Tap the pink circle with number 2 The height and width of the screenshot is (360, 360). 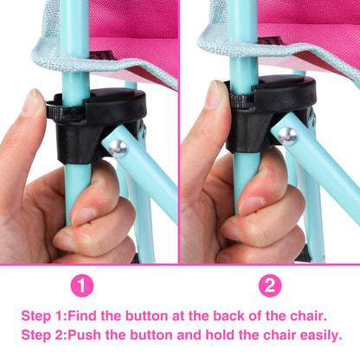(271, 285)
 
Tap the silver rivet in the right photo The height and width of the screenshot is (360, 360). (286, 136)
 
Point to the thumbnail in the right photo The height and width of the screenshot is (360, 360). (212, 98)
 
